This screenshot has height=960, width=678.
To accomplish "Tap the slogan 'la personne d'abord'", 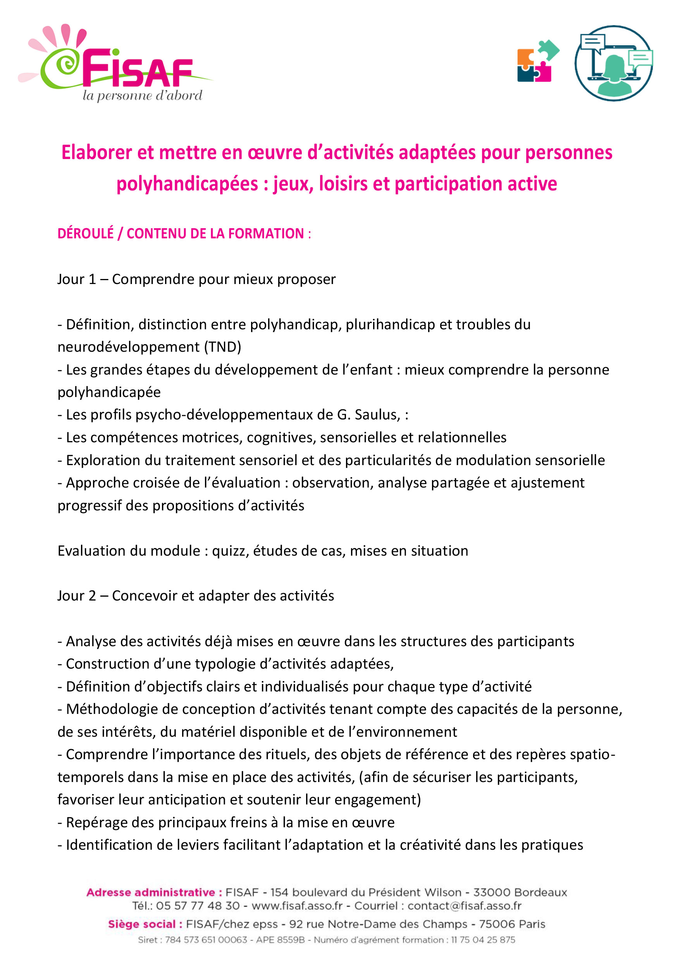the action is click(142, 96).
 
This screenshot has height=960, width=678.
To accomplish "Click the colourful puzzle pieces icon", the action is click(537, 61).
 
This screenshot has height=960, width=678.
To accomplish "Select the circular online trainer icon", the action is click(613, 63).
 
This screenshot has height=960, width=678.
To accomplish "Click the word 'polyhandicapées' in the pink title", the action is click(187, 184).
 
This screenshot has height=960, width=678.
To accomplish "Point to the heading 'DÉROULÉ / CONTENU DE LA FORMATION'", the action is click(181, 233).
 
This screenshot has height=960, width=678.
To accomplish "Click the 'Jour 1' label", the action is click(77, 279).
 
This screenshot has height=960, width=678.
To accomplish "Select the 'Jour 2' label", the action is click(77, 596).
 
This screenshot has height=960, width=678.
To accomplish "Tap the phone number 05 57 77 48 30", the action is click(198, 906).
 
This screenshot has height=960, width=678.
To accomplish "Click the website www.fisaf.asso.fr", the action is click(297, 906).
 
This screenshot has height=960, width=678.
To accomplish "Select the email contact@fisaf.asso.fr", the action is click(464, 906).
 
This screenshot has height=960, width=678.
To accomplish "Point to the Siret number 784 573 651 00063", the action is click(206, 940).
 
